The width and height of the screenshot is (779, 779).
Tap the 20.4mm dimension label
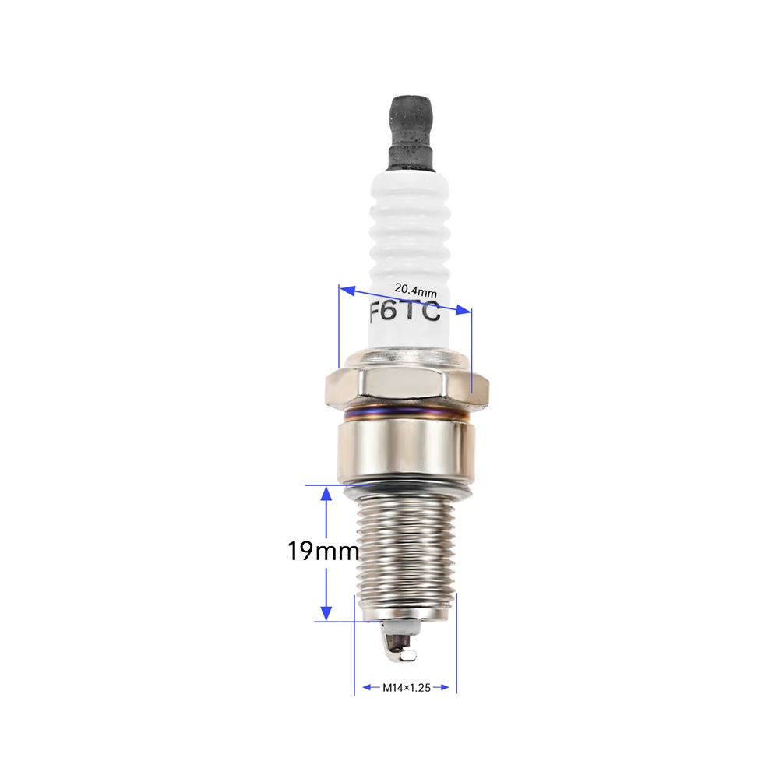(415, 290)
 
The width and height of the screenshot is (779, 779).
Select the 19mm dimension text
(323, 551)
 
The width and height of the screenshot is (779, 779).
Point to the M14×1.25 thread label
(407, 688)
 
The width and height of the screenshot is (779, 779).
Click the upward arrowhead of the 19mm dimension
(326, 493)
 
